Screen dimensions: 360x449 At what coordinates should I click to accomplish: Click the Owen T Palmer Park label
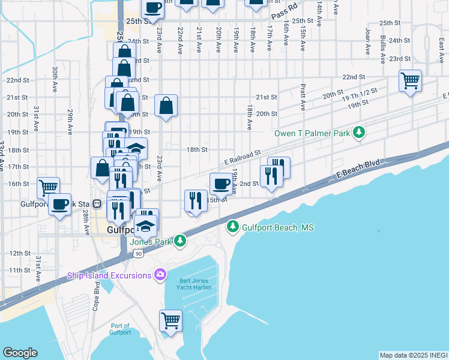[x=312, y=133]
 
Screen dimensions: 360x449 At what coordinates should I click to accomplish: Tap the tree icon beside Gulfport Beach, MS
[x=233, y=227]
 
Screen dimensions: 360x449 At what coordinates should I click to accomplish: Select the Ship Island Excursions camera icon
[x=160, y=275]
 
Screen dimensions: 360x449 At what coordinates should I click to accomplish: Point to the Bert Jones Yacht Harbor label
[x=195, y=284]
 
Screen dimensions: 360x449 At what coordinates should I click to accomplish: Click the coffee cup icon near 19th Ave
[x=221, y=183]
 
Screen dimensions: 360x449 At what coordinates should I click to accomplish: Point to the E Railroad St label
[x=243, y=158]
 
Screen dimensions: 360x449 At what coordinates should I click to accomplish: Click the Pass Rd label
[x=284, y=11]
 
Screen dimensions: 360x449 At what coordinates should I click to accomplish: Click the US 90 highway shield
[x=139, y=254]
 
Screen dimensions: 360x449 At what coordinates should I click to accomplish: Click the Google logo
[x=20, y=353]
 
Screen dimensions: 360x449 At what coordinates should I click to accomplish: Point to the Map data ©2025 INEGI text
[x=414, y=355]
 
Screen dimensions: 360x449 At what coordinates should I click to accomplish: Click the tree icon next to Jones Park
[x=179, y=241]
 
